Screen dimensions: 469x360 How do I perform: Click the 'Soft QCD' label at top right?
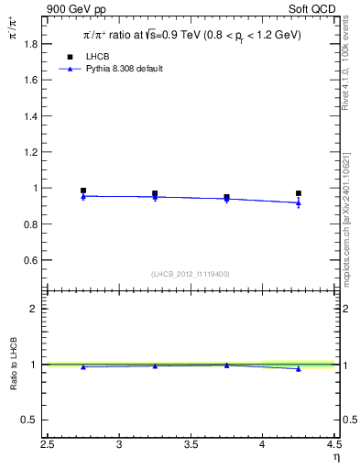point(313,9)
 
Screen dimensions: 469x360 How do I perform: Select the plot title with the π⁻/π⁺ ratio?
point(191,35)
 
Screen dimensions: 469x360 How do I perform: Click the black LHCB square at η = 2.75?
point(83,191)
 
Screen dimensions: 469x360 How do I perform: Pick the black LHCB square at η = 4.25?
point(299,193)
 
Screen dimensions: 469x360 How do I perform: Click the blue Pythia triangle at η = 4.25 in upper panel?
point(299,202)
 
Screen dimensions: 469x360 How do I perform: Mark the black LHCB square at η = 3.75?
point(226,197)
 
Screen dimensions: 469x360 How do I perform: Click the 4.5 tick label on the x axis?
point(333,446)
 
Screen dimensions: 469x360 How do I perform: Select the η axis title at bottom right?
point(336,457)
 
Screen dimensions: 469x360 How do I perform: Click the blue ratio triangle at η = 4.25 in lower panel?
point(299,368)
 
